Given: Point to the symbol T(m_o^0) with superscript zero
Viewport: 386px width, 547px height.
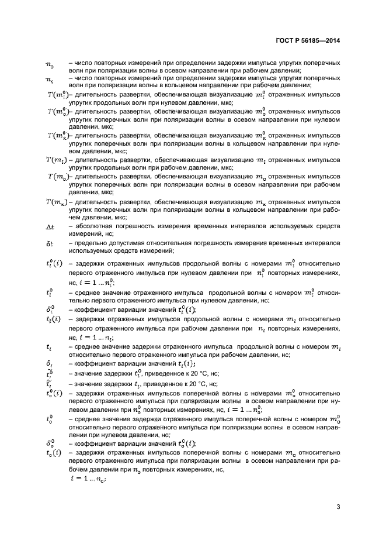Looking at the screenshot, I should pos(57,111).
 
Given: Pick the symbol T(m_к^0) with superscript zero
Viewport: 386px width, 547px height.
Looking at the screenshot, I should pos(57,135).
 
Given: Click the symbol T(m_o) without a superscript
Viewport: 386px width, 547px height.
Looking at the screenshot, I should pos(57,176).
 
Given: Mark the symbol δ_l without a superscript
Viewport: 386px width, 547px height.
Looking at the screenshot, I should pos(49,363).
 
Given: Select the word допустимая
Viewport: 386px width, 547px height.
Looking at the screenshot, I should pos(134,243).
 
